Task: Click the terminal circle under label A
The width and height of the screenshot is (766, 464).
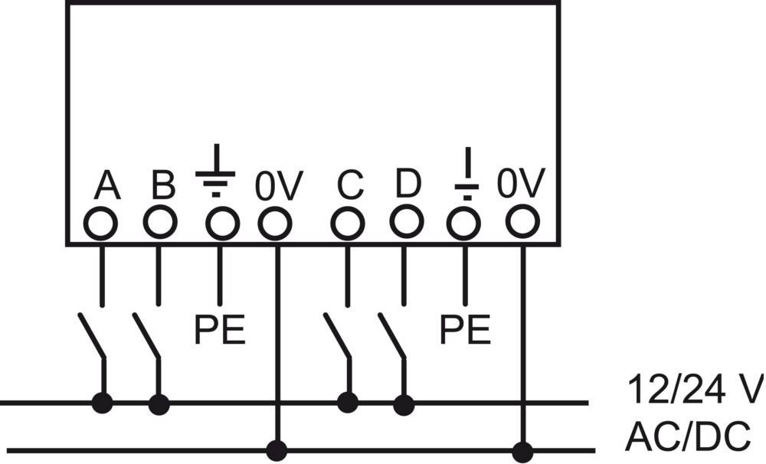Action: click(101, 224)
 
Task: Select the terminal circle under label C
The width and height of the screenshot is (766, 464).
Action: click(348, 224)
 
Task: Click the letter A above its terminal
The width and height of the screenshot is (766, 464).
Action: click(108, 186)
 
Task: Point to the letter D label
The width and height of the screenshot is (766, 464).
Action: click(408, 185)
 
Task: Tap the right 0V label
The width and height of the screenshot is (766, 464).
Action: click(521, 185)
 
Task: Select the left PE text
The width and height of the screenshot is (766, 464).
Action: click(219, 331)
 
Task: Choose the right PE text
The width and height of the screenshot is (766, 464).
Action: click(465, 331)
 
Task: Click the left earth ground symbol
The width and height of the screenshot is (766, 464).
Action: click(217, 171)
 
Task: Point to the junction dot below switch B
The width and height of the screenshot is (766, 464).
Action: click(159, 404)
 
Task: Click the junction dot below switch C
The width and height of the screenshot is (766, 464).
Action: click(349, 401)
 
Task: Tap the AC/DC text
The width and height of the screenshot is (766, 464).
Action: click(688, 437)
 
